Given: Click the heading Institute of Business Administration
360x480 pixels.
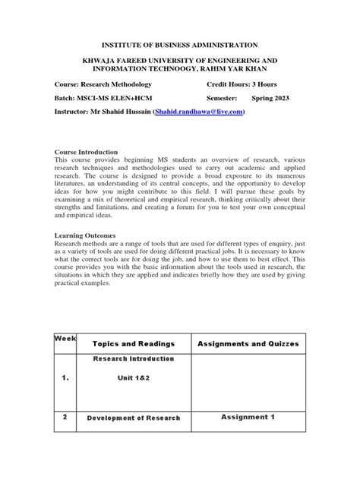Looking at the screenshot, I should tap(179, 46).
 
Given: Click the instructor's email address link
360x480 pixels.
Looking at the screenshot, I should tap(199, 111).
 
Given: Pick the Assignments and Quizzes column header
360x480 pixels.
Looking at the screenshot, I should tap(248, 344).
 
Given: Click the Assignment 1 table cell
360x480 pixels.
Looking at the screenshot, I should tap(248, 417).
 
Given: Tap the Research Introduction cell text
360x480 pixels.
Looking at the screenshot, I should tap(133, 358).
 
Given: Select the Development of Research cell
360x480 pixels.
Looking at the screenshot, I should tap(133, 418).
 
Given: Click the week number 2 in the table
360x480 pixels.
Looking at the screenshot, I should tap(65, 417).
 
